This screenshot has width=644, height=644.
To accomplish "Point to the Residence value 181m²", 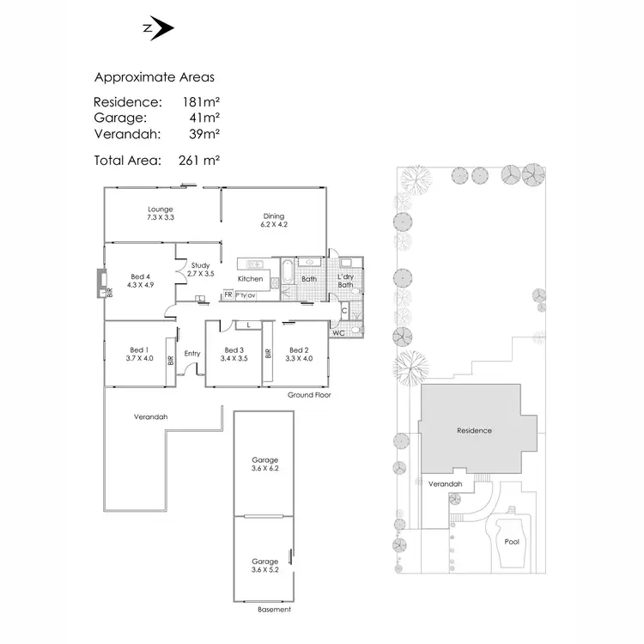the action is point(201,102).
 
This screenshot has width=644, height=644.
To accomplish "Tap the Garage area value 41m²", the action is point(204,118).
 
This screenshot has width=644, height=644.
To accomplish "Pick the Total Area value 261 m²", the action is point(200,159).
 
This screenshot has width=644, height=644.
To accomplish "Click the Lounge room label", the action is point(161,210).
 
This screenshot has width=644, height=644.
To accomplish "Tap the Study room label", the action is point(201,265).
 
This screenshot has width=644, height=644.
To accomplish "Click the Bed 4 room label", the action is point(139,276).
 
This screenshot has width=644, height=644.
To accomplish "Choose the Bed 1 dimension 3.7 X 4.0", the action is point(140,358).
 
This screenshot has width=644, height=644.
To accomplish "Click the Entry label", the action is point(192,354).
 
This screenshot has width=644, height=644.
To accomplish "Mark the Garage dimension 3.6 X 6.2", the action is point(265,469).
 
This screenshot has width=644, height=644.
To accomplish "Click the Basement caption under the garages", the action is point(275,610).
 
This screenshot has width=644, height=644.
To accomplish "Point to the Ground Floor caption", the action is point(310,396).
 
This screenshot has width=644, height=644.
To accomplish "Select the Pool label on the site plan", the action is point(512,542).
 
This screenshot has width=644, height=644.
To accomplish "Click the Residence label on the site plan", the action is point(474,430).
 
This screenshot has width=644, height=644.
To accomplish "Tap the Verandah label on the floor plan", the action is point(150,417).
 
